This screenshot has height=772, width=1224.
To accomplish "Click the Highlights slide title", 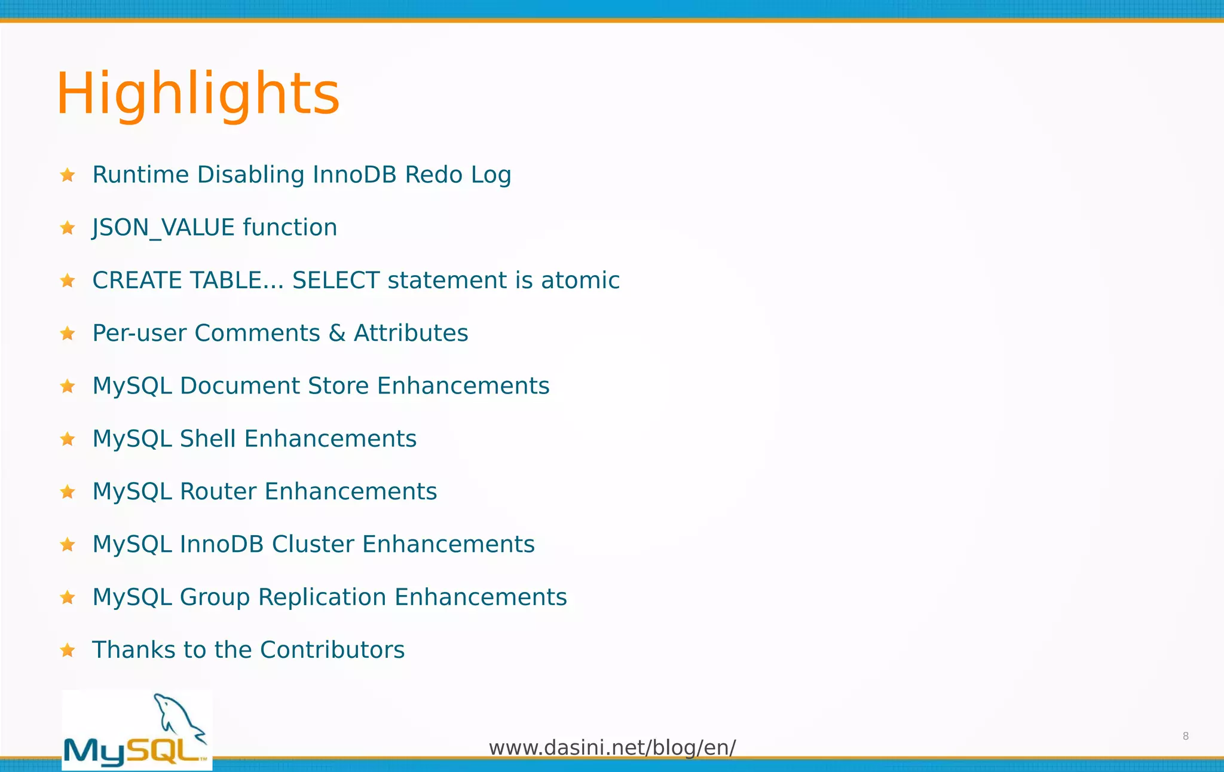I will pyautogui.click(x=198, y=94).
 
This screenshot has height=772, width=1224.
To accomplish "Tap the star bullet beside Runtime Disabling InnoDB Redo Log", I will pyautogui.click(x=68, y=175).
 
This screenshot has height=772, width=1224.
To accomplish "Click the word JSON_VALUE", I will pyautogui.click(x=163, y=228).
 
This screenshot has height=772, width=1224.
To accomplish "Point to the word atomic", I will pyautogui.click(x=580, y=280).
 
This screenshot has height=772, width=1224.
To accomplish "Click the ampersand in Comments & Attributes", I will pyautogui.click(x=337, y=333).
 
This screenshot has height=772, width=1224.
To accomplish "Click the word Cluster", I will pyautogui.click(x=313, y=544).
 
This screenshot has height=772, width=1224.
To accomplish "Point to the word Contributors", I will pyautogui.click(x=332, y=650).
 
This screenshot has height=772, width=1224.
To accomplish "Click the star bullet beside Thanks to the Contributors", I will pyautogui.click(x=68, y=650).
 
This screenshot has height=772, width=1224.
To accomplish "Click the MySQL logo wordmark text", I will pyautogui.click(x=134, y=751).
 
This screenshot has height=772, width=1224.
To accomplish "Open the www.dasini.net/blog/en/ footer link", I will pyautogui.click(x=612, y=747).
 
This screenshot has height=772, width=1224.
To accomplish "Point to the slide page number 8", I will pyautogui.click(x=1186, y=736).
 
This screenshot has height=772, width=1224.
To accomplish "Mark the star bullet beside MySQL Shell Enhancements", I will pyautogui.click(x=68, y=440).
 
